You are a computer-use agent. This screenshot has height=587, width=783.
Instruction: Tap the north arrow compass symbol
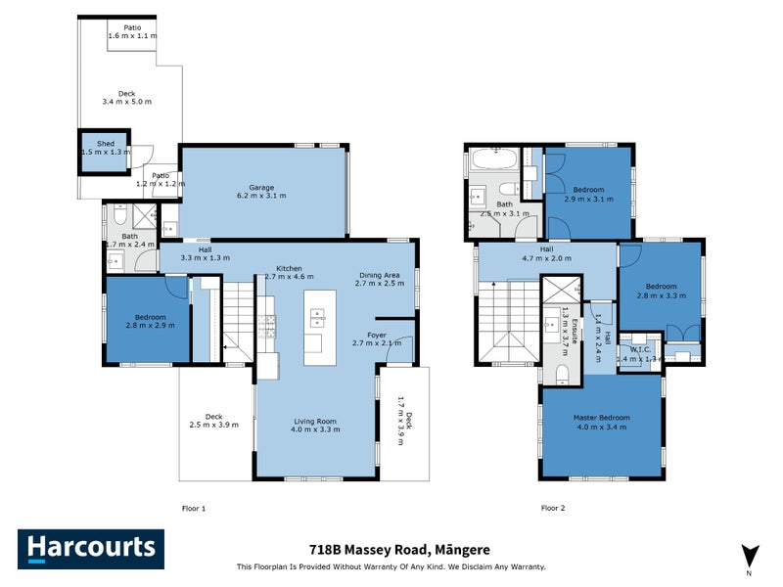749,555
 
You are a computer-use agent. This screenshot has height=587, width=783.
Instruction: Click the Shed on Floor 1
105,148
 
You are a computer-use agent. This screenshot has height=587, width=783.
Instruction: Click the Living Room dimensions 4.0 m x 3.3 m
315,429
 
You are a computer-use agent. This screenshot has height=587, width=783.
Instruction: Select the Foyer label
376,339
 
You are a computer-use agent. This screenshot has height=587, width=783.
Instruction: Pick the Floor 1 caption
195,508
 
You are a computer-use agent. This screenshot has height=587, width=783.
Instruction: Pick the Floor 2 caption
554,508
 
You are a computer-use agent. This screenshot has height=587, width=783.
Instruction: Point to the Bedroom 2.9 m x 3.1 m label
588,194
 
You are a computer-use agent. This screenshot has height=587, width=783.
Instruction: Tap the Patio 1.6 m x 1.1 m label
131,31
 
